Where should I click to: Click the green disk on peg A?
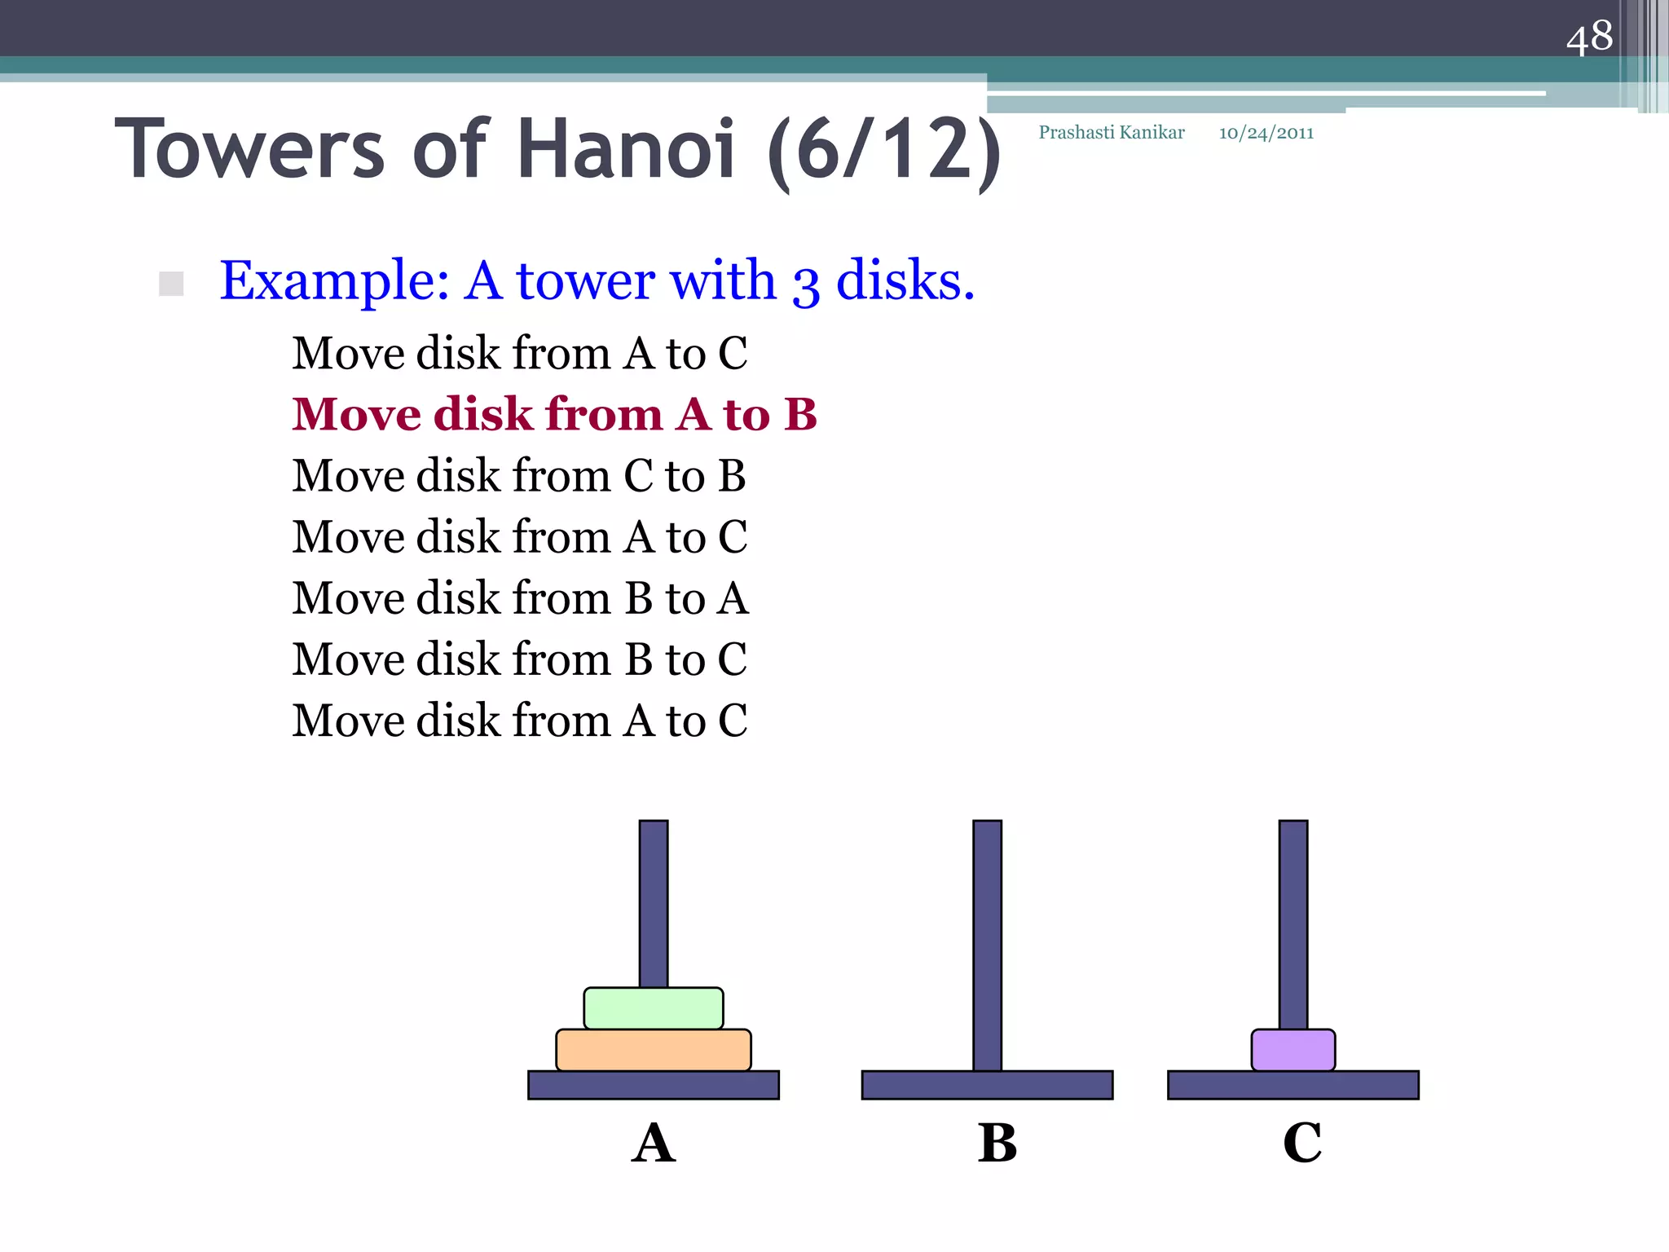(653, 1008)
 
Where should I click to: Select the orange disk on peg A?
(653, 1050)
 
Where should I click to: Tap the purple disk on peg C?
(1292, 1050)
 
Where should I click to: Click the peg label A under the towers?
(653, 1143)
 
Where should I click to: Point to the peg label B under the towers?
(997, 1143)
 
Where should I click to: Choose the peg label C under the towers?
(1301, 1143)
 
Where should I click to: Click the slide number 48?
(1588, 37)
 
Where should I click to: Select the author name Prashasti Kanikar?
(1111, 133)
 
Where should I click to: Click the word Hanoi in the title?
(626, 149)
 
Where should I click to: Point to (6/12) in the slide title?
(884, 151)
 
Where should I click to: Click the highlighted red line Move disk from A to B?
(554, 414)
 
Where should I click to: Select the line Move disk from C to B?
(519, 475)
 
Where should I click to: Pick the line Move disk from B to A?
(520, 597)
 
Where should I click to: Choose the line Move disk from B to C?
(519, 659)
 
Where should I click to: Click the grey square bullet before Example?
(171, 284)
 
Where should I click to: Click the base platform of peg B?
(987, 1085)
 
